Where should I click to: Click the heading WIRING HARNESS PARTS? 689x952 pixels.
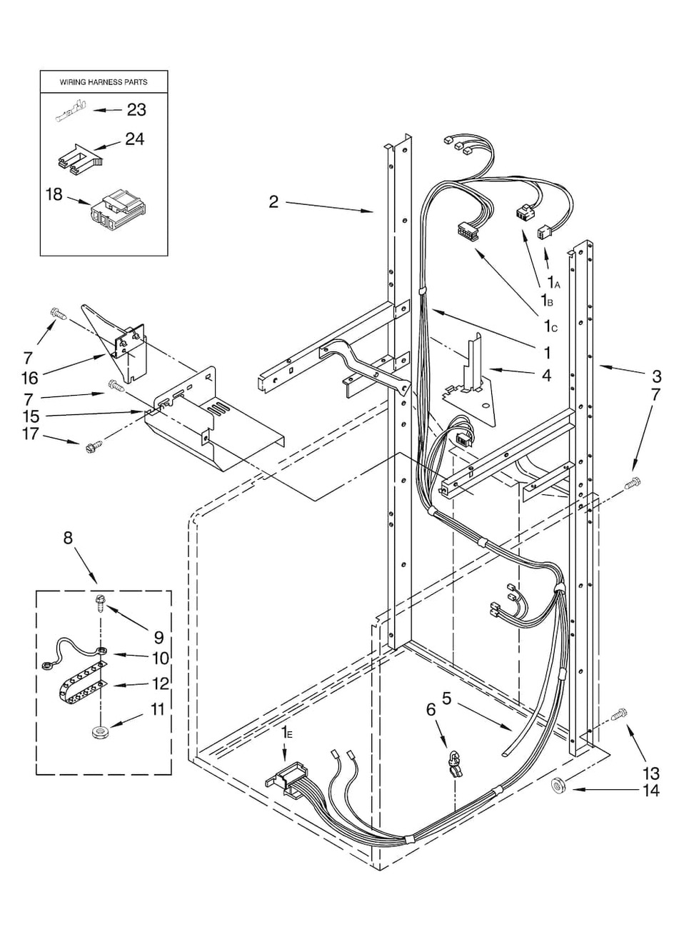click(104, 82)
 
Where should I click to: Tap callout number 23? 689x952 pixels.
click(136, 110)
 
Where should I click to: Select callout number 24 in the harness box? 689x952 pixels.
click(134, 139)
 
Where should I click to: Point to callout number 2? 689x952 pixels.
click(273, 202)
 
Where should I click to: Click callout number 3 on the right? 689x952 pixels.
click(656, 376)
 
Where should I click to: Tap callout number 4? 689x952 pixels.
click(545, 374)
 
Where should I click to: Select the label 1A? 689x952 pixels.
click(553, 283)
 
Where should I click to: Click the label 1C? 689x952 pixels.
click(549, 326)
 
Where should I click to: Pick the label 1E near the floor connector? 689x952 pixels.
click(286, 732)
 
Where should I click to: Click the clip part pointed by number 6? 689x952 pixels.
click(453, 764)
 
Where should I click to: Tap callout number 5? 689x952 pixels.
click(447, 699)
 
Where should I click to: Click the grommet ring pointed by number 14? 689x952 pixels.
click(558, 786)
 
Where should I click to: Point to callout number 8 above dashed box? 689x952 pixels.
click(68, 537)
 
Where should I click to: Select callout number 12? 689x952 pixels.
click(160, 683)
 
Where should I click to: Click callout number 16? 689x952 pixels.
click(30, 377)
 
